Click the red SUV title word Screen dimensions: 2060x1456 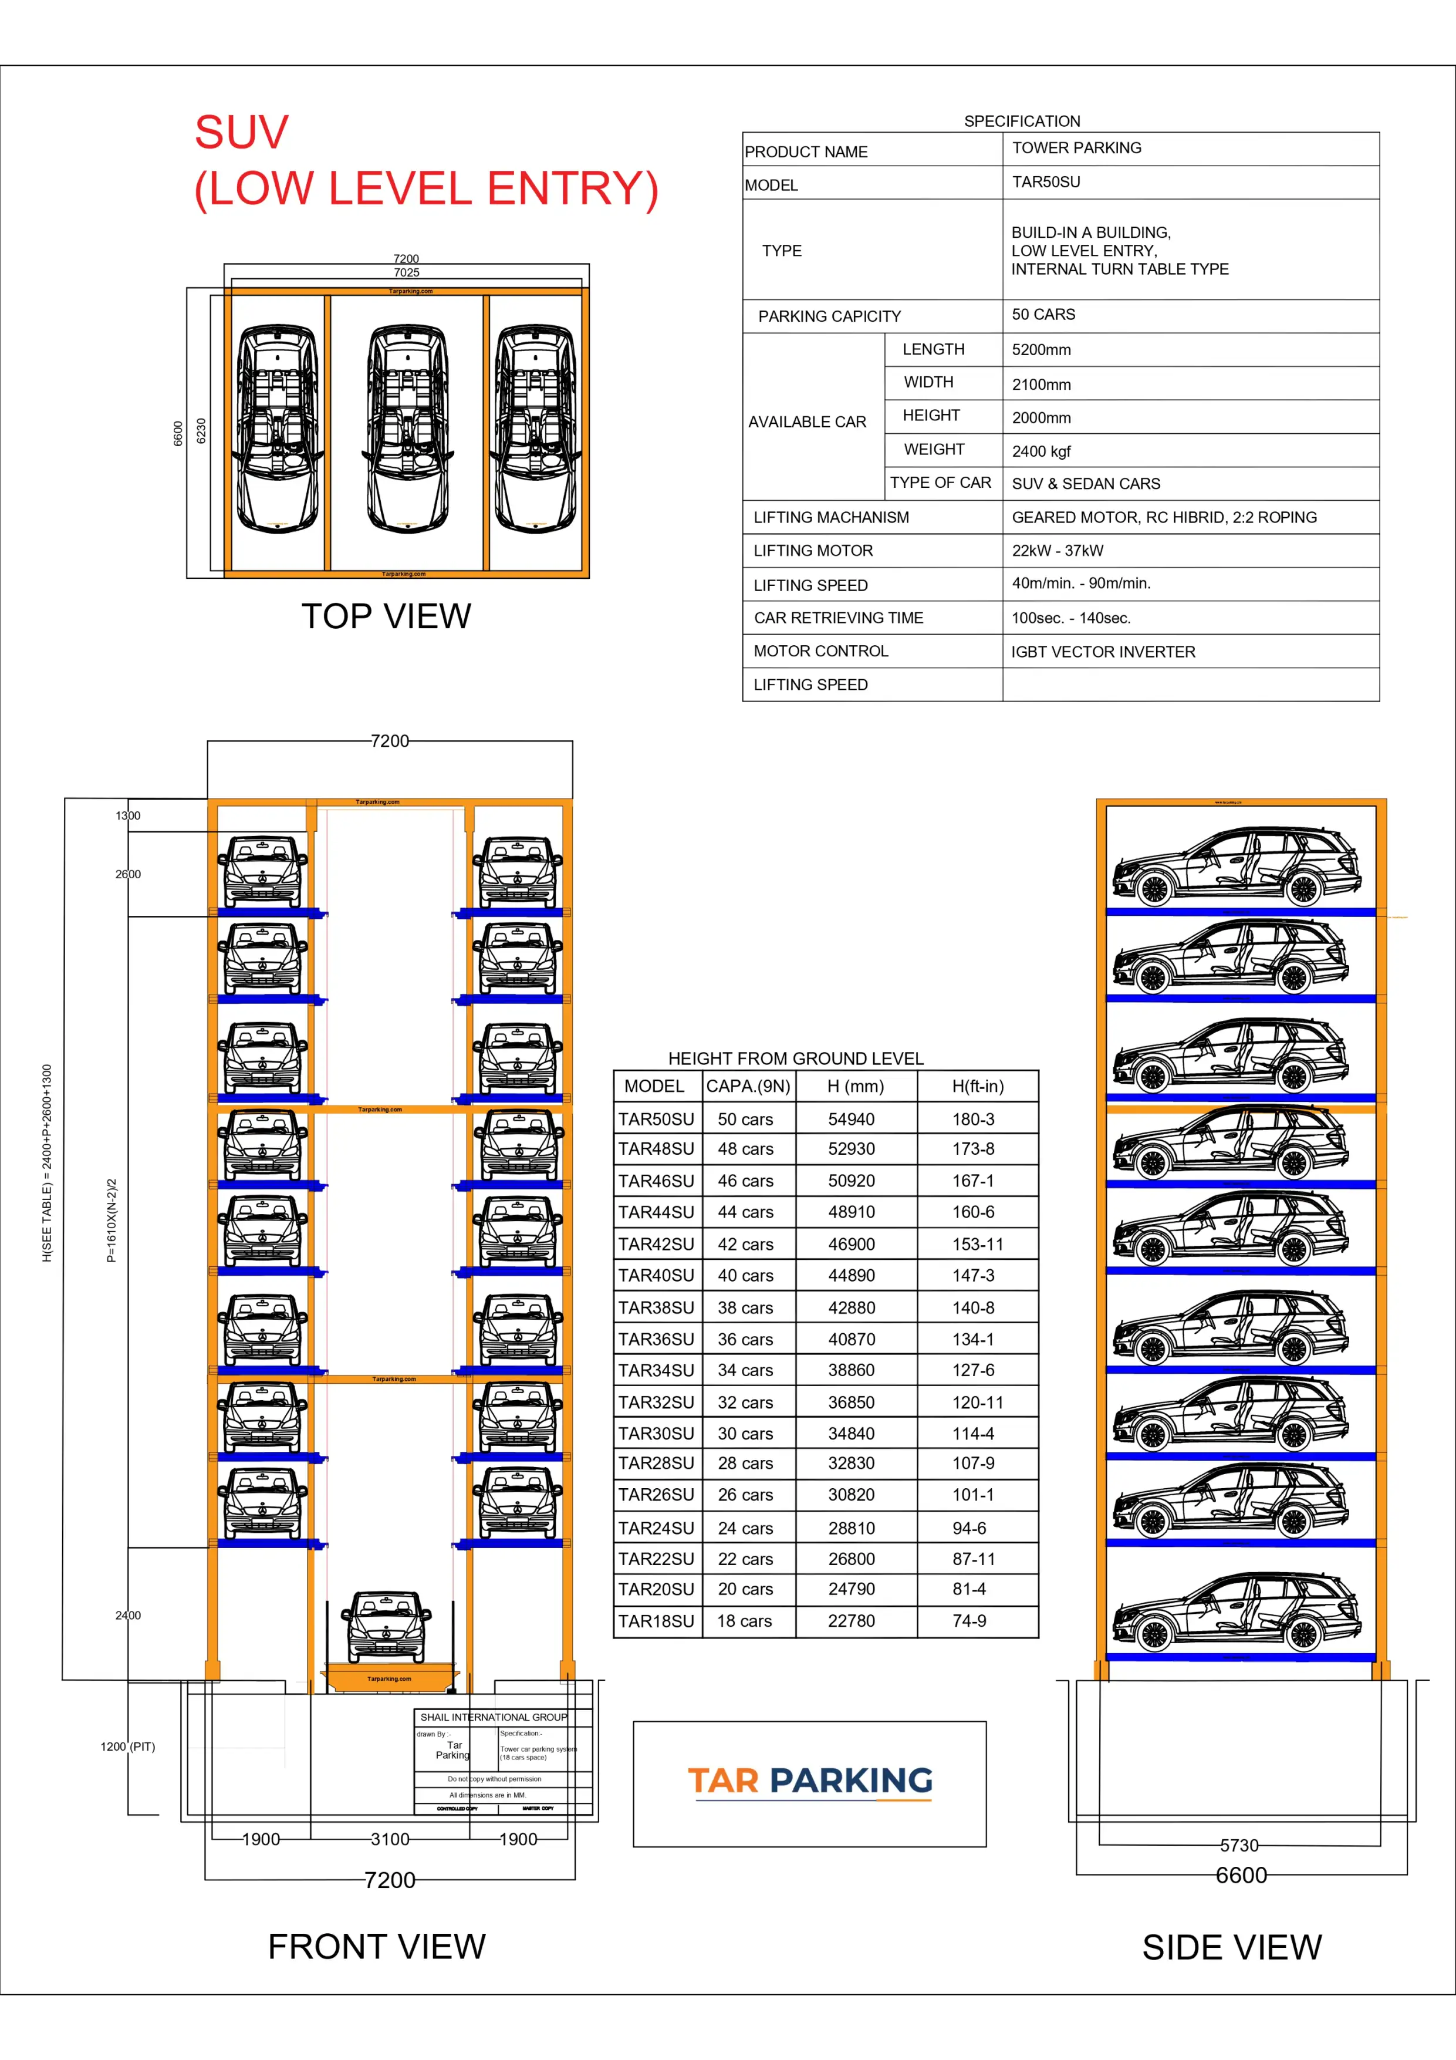pyautogui.click(x=241, y=133)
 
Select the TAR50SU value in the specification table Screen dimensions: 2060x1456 pyautogui.click(x=1046, y=182)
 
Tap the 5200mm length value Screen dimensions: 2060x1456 pyautogui.click(x=1041, y=350)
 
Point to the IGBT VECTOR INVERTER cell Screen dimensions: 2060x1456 pyautogui.click(x=1103, y=652)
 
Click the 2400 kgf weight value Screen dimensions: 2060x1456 pyautogui.click(x=1041, y=451)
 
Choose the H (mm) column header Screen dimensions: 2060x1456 pyautogui.click(x=855, y=1087)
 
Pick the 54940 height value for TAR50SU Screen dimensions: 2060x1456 pyautogui.click(x=850, y=1120)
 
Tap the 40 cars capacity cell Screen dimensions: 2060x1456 pyautogui.click(x=745, y=1276)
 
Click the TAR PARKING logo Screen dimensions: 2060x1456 pyautogui.click(x=809, y=1781)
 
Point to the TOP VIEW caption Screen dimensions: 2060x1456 pyautogui.click(x=386, y=616)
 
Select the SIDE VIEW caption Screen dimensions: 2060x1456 pyautogui.click(x=1231, y=1947)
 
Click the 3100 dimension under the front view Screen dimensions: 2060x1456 pyautogui.click(x=390, y=1839)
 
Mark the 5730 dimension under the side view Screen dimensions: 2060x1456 pyautogui.click(x=1239, y=1846)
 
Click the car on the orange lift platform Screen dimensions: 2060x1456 pyautogui.click(x=387, y=1627)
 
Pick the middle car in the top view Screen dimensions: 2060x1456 pyautogui.click(x=408, y=429)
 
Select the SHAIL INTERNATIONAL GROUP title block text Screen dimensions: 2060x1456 pyautogui.click(x=494, y=1717)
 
